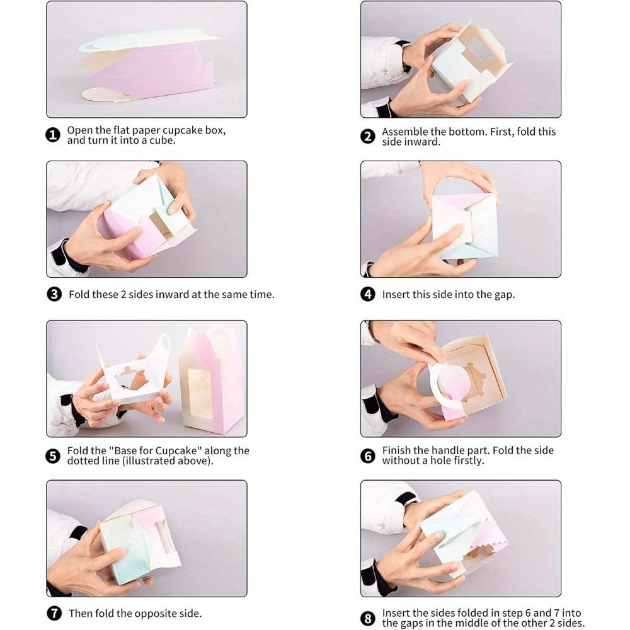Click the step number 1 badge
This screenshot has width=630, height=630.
[x=53, y=135]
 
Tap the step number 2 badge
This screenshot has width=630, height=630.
[x=368, y=137]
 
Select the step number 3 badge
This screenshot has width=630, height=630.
[x=54, y=294]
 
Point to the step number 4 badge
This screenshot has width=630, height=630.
[x=368, y=294]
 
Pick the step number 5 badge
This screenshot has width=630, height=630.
[x=53, y=456]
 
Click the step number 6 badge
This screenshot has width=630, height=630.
[x=368, y=456]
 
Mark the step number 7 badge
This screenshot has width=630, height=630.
[x=54, y=614]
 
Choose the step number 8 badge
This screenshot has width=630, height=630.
[x=368, y=619]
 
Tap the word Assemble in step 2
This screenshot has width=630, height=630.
[x=404, y=132]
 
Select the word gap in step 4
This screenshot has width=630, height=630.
[x=503, y=295]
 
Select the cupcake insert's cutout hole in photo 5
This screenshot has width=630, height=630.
[x=132, y=379]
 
